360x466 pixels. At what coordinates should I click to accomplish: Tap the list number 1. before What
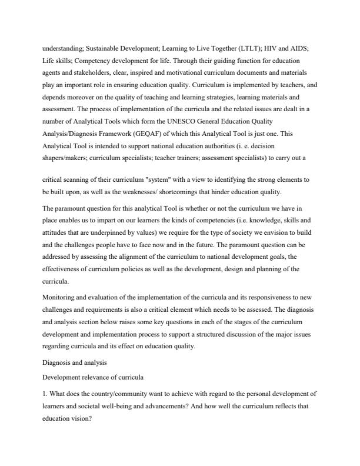pos(45,392)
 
